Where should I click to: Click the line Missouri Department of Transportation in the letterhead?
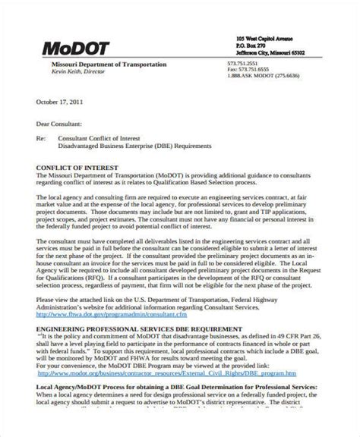pyautogui.click(x=104, y=64)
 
